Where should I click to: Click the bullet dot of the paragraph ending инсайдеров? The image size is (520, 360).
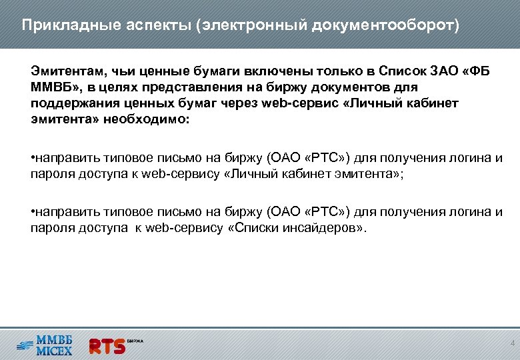33,212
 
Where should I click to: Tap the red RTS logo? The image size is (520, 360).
107,345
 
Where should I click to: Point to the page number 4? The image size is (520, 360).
512,343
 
